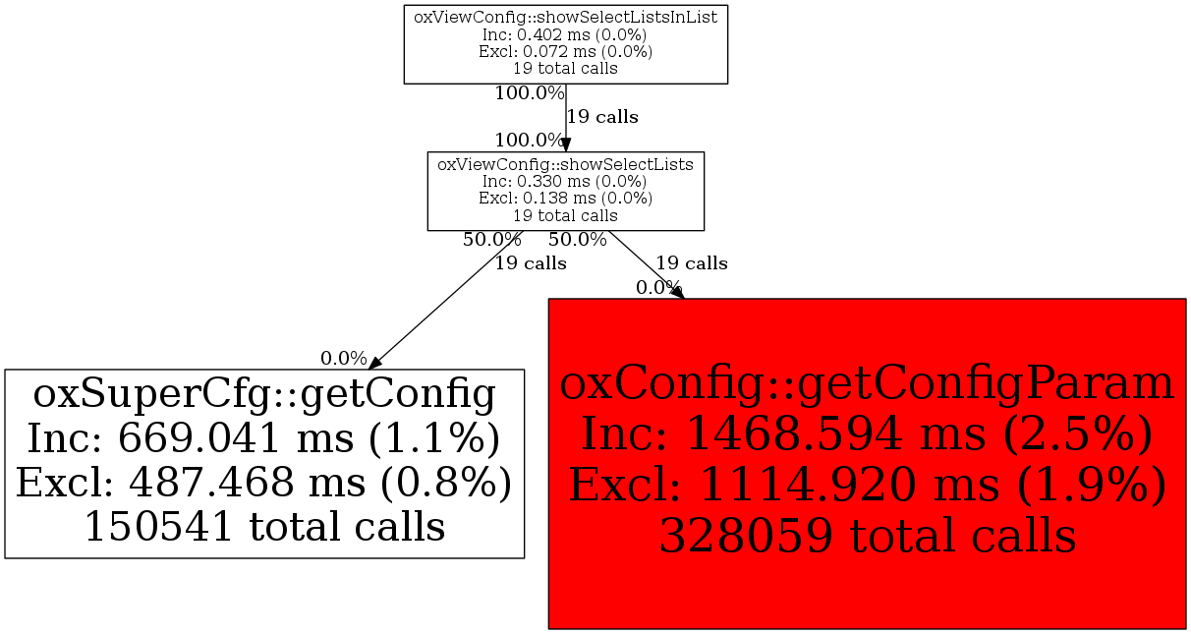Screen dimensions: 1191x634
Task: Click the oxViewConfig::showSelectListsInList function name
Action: point(565,17)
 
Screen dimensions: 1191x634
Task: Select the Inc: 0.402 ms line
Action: point(565,34)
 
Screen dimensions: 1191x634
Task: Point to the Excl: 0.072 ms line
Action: point(565,51)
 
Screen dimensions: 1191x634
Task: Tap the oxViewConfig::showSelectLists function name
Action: point(565,164)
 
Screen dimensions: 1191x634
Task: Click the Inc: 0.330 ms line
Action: point(565,182)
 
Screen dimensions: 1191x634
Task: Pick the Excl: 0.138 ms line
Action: point(565,199)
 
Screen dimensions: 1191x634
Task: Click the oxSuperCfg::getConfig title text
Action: point(264,395)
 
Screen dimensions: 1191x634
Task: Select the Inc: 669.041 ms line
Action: point(263,438)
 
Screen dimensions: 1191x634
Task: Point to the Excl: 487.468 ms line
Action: point(263,483)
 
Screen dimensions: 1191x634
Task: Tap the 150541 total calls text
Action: point(264,527)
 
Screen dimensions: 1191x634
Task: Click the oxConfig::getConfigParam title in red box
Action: point(867,384)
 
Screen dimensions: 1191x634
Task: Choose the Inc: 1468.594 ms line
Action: point(867,434)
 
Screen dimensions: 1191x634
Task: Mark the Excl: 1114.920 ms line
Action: point(867,485)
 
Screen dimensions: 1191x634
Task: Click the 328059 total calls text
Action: point(867,535)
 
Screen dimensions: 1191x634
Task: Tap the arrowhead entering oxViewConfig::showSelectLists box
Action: point(566,145)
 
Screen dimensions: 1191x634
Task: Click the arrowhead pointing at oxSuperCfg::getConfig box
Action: point(375,364)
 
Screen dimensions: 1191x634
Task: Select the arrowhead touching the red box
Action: point(678,293)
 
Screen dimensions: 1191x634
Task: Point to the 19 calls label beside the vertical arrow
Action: point(602,117)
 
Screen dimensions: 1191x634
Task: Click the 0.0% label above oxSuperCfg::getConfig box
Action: point(344,359)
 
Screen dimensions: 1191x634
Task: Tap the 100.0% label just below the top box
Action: point(530,93)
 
